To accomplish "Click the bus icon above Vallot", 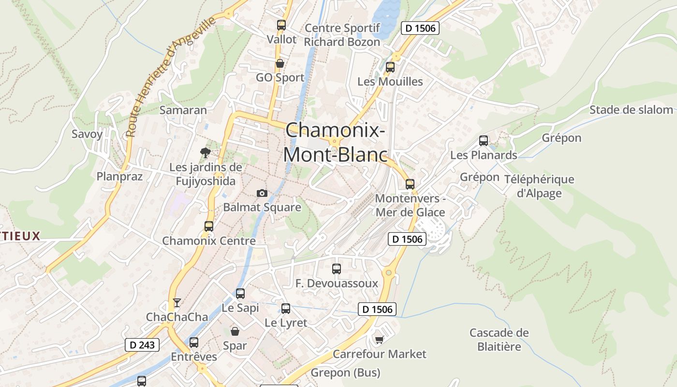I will (281, 25).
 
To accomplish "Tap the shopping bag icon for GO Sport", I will (280, 63).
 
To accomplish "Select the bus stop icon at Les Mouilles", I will (390, 67).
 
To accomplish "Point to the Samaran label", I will (183, 110).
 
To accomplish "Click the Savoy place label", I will (87, 134).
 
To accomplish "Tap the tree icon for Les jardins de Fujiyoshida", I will (206, 153).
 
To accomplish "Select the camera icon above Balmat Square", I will (262, 193).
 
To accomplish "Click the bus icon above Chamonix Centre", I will (208, 226).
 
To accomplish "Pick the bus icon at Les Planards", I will (483, 141).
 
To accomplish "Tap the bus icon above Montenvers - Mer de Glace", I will (410, 184).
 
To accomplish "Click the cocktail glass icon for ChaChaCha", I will (177, 303).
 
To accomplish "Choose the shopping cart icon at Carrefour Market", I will (379, 340).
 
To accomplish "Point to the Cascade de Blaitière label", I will (499, 340).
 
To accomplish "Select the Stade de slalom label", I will (631, 110).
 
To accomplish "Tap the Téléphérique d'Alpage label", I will (539, 186).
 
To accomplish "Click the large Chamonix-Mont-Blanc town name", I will (335, 142).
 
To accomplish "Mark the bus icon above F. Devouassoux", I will (337, 268).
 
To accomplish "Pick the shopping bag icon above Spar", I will (235, 331).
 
